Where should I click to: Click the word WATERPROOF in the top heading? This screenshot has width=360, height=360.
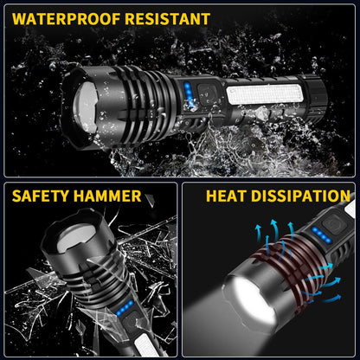click(64, 18)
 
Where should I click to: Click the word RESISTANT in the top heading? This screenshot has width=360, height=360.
click(166, 18)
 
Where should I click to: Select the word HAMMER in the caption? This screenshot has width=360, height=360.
click(107, 196)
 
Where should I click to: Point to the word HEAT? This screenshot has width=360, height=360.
click(228, 196)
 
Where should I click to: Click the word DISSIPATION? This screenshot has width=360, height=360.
click(303, 196)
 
